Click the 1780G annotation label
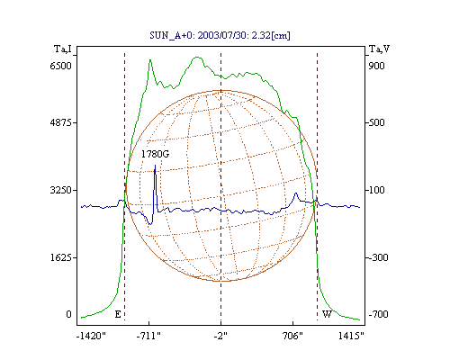[155, 154]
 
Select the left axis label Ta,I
[63, 49]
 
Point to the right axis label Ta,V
[379, 49]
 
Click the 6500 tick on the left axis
[60, 66]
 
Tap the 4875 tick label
[60, 122]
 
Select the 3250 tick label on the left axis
[60, 190]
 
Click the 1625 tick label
[60, 257]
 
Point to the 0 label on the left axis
[68, 314]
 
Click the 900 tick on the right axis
[376, 66]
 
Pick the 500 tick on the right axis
[376, 122]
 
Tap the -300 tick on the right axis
[378, 257]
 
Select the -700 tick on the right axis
[378, 314]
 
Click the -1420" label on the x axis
[91, 336]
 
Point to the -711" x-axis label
[148, 336]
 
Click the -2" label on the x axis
[220, 336]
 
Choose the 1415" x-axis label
[351, 336]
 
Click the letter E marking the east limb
[118, 314]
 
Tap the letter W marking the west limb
[327, 314]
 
